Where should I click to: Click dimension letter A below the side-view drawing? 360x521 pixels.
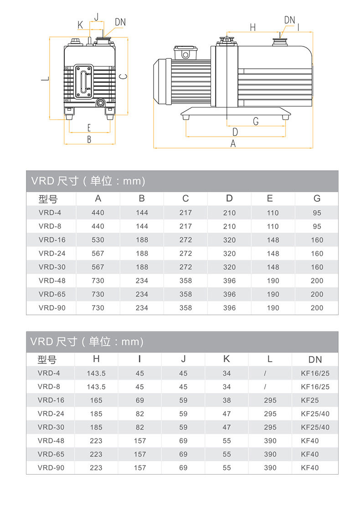click(233, 143)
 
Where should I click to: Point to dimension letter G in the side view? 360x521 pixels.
click(256, 121)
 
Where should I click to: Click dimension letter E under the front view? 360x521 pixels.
click(89, 128)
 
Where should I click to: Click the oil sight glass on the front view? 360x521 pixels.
click(84, 80)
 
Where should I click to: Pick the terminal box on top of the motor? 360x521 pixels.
click(185, 53)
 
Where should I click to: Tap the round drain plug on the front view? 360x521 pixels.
click(100, 102)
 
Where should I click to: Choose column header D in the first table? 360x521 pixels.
click(229, 198)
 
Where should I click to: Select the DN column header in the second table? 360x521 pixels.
click(315, 359)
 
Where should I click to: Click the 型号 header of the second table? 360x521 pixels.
click(47, 359)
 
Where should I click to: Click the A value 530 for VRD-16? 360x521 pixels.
click(98, 240)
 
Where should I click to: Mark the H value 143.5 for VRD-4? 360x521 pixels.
click(96, 373)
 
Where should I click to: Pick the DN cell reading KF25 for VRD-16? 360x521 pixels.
click(310, 400)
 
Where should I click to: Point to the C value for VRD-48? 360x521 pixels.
click(185, 281)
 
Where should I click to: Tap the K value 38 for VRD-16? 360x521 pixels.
click(226, 400)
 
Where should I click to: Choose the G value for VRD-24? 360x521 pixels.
click(317, 253)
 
